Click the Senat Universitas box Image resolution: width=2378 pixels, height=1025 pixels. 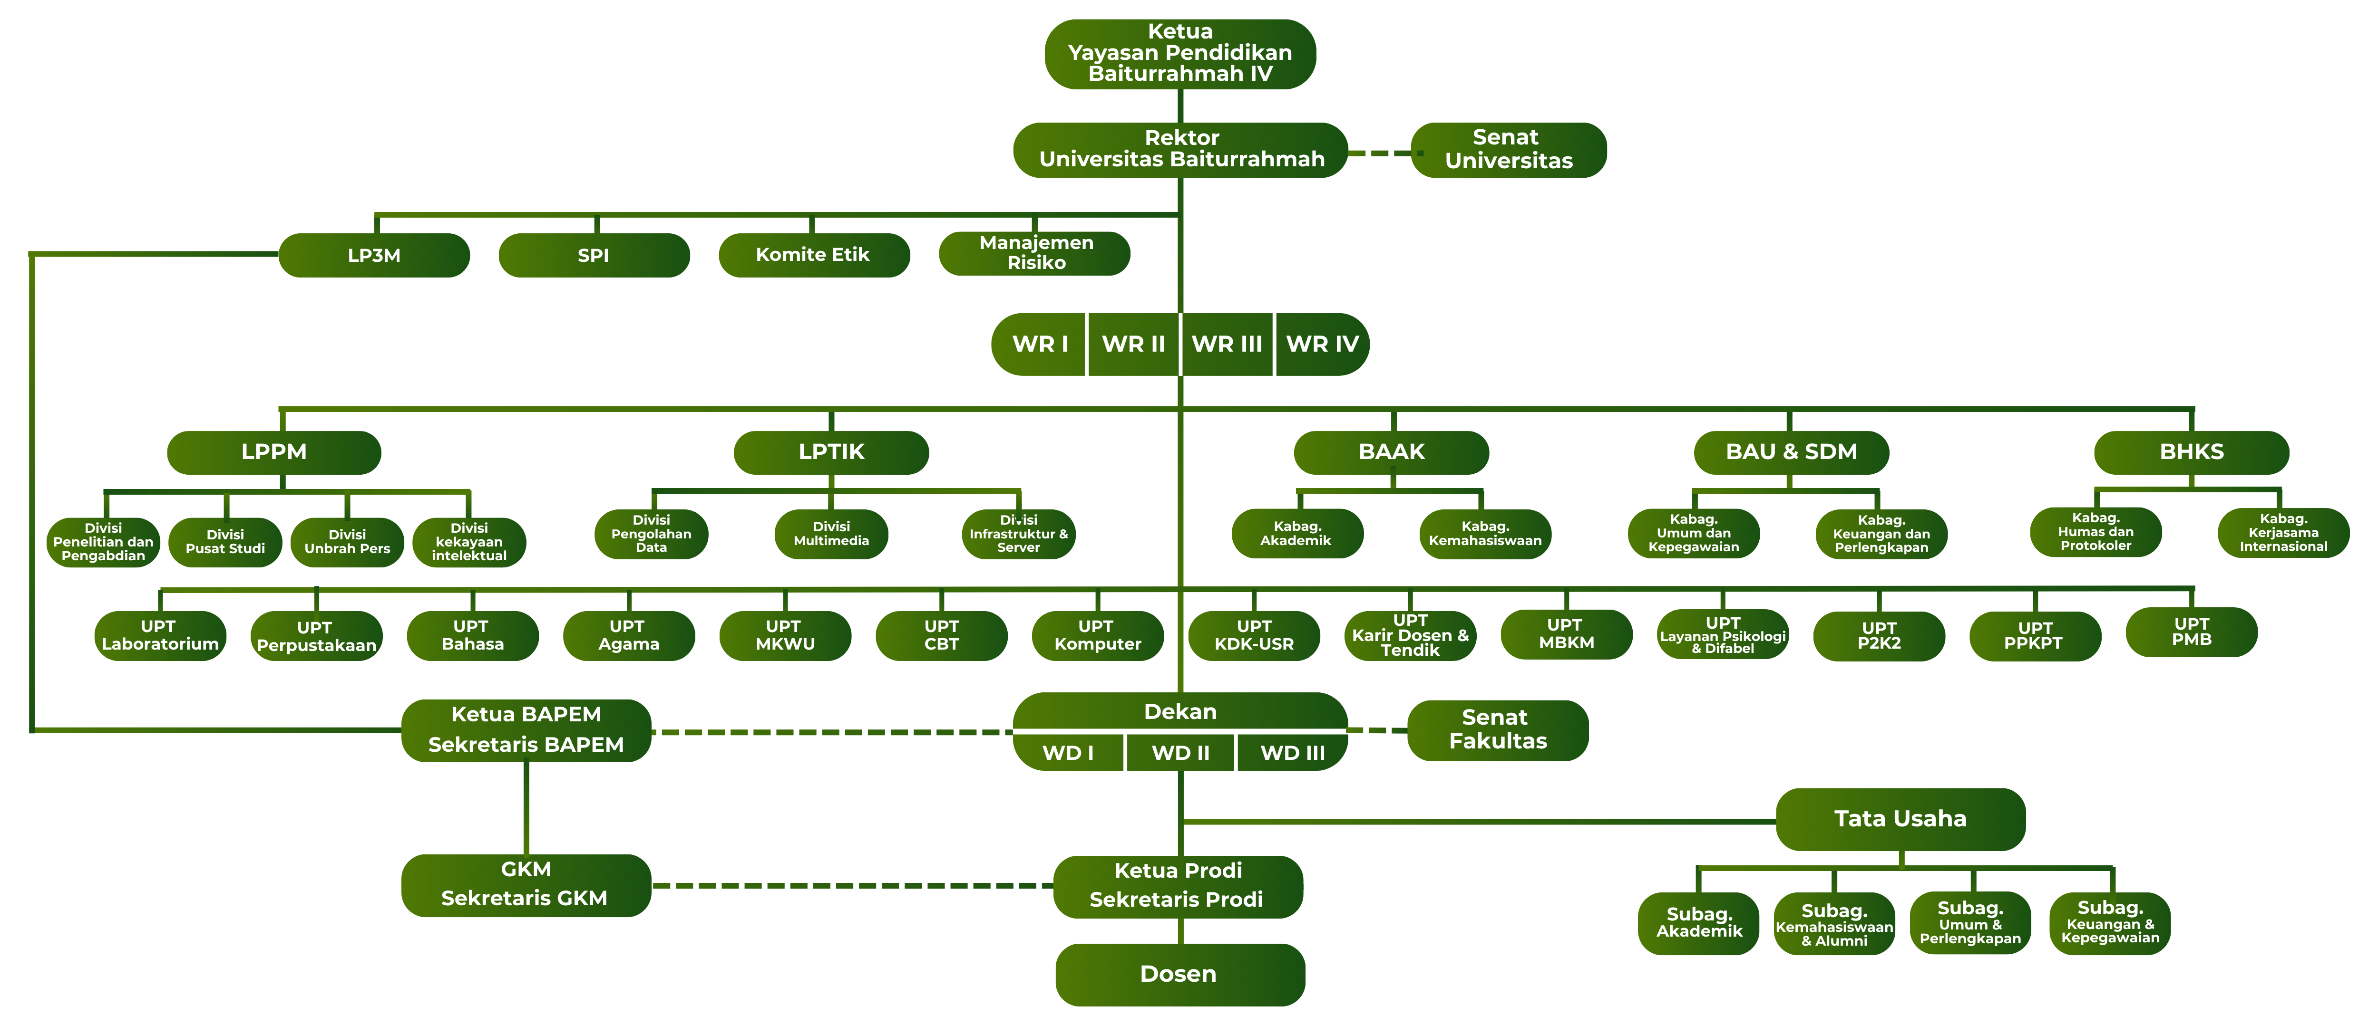click(1509, 150)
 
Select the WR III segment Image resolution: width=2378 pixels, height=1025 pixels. click(1227, 344)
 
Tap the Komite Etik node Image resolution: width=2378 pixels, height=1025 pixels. click(813, 255)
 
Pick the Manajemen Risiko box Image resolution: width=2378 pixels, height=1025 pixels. click(1035, 253)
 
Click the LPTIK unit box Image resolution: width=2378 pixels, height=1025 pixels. click(831, 452)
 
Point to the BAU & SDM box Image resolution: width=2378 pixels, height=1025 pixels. click(1791, 452)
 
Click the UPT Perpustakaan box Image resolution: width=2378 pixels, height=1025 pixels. click(316, 636)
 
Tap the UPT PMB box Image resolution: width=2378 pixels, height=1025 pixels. click(2192, 632)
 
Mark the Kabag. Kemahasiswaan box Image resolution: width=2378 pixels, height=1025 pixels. click(1484, 533)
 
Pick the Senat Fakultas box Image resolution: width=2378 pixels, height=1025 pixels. click(1497, 730)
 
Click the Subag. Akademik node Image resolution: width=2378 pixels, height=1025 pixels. click(1698, 922)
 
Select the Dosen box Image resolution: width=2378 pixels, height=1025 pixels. click(1180, 974)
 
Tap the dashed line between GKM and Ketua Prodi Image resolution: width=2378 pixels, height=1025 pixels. click(852, 886)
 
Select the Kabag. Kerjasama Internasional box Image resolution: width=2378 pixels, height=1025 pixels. click(2283, 532)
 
